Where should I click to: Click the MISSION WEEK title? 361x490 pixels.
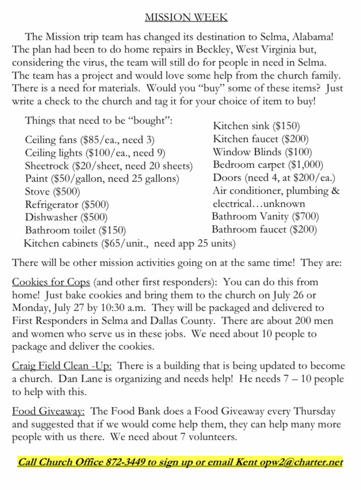tap(186, 17)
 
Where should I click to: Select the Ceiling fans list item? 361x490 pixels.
tap(89, 139)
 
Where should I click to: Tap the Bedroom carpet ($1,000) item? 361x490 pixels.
tap(268, 165)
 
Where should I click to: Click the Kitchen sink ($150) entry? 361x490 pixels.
tap(256, 126)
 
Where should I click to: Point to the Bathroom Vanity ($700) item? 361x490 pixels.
tap(265, 216)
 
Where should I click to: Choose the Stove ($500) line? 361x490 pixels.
tap(53, 192)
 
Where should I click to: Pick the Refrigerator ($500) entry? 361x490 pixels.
tap(67, 205)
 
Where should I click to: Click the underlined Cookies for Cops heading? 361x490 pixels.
tap(51, 282)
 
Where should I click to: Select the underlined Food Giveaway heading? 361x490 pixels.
tap(49, 411)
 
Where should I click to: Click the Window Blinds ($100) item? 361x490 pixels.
tap(262, 152)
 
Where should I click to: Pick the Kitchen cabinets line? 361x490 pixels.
tap(130, 243)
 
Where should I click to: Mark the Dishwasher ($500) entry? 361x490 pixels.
tap(66, 217)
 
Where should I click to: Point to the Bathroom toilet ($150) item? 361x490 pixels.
tap(75, 230)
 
